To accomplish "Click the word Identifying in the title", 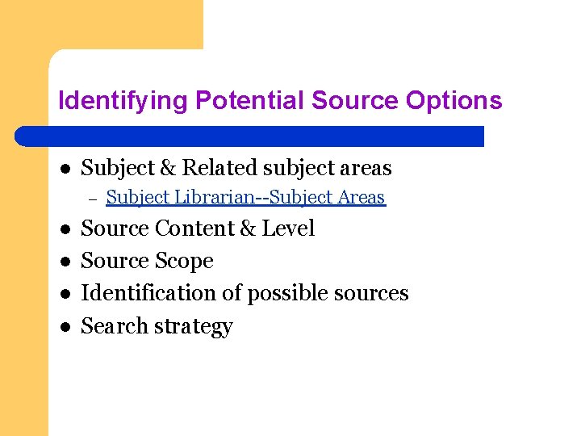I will pos(123,101).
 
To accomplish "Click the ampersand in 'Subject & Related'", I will pos(169,168).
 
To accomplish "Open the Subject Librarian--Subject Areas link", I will pos(245,197).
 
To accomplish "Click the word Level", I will pos(288,228).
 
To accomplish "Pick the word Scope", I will pos(186,261).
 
